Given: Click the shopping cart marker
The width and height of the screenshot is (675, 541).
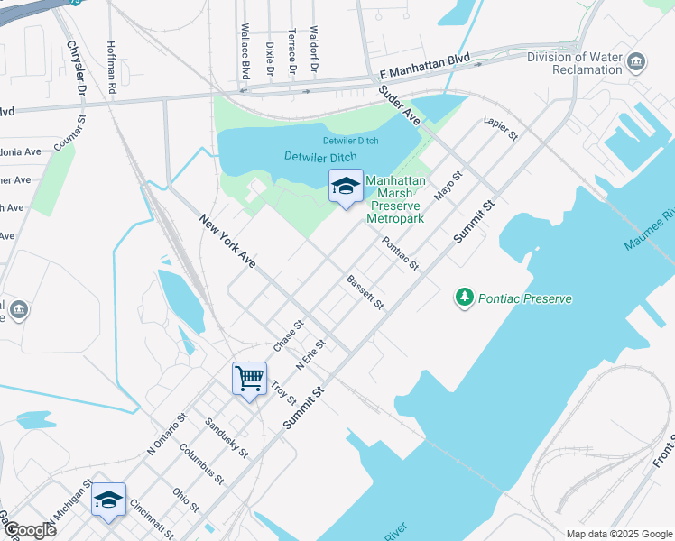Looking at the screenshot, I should click(249, 378).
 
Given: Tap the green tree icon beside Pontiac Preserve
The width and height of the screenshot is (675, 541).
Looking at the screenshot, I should click(465, 298).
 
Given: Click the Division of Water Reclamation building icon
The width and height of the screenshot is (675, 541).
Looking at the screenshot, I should click(636, 61).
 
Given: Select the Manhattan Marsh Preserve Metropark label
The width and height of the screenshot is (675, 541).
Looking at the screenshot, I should click(395, 199).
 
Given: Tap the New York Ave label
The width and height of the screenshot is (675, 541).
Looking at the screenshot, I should click(227, 241).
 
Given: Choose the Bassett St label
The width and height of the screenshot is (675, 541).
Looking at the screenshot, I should click(365, 293).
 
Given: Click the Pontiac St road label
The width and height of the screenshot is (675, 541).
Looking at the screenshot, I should click(401, 253).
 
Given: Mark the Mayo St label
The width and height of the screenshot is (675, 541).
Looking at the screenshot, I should click(448, 187).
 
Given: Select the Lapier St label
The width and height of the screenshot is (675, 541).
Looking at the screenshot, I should click(500, 127).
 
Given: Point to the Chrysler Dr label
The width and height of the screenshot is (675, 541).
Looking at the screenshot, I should click(75, 68).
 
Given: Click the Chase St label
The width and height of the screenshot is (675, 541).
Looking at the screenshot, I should click(289, 335).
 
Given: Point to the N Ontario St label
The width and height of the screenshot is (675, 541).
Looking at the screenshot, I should click(166, 433).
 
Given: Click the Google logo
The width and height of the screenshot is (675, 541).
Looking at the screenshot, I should click(29, 529).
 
